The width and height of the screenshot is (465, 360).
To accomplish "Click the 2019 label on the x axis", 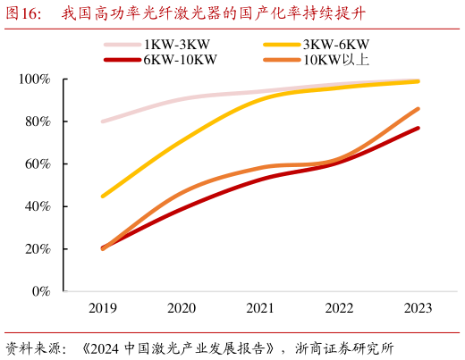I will coord(103,308).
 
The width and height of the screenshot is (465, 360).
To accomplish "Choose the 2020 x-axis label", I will coord(182,308).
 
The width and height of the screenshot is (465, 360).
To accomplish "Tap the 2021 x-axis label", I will coord(260,308).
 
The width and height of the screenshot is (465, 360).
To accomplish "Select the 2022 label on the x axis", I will coord(339,308).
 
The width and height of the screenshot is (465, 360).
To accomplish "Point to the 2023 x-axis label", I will coord(418,308).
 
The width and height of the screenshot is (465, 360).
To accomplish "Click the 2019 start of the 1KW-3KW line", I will coord(103,121).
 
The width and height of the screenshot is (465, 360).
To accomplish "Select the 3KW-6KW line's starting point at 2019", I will coord(103,196).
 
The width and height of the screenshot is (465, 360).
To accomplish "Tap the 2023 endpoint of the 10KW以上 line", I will coord(418,109).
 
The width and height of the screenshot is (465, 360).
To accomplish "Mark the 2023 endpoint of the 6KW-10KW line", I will coord(418,129).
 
